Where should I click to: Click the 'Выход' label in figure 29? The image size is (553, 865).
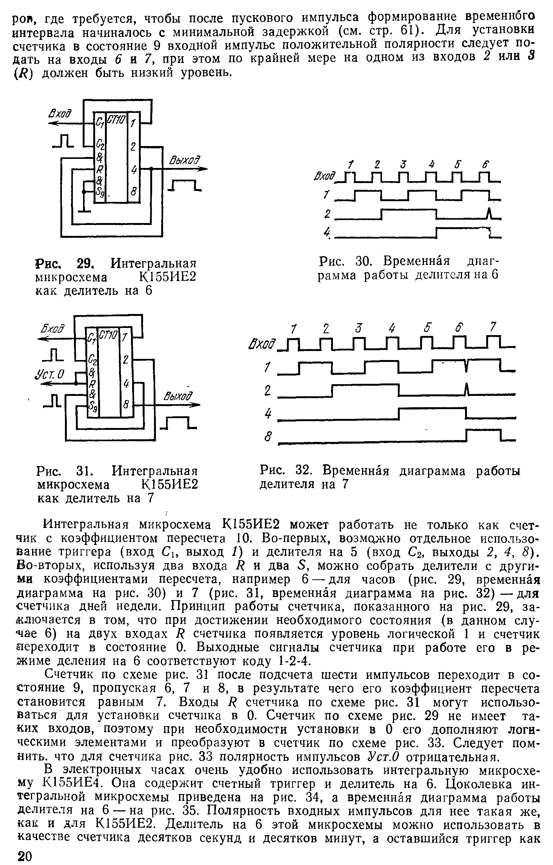coord(184,161)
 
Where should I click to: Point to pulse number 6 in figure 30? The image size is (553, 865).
coord(486,165)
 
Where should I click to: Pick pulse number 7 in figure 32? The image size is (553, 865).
coord(493,327)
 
